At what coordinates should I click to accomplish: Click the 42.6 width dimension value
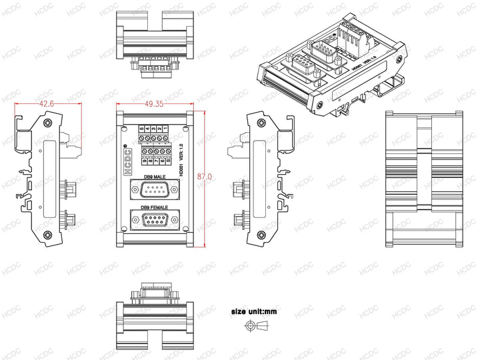click(x=47, y=104)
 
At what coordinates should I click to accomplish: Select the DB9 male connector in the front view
click(x=154, y=191)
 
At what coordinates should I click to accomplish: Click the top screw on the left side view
click(x=47, y=123)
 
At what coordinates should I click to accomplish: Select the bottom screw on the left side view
click(x=47, y=235)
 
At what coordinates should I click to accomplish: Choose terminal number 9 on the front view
click(x=144, y=160)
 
